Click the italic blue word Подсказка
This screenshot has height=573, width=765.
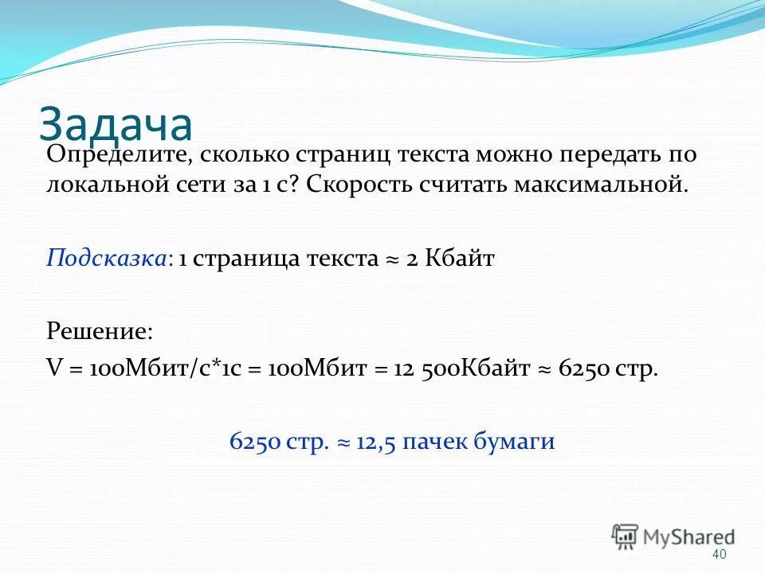pyautogui.click(x=108, y=259)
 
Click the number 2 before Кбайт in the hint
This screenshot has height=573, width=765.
pyautogui.click(x=412, y=259)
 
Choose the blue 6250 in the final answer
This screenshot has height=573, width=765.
pyautogui.click(x=253, y=442)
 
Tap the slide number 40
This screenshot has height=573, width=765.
pyautogui.click(x=720, y=554)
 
